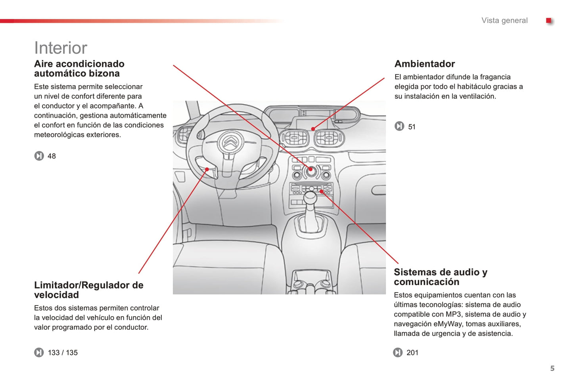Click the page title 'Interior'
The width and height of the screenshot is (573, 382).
(61, 48)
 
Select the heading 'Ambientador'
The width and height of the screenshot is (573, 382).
(424, 64)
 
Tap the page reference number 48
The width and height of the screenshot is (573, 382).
(52, 156)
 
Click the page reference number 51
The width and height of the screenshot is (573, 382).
(412, 127)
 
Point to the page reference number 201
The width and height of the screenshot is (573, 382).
(412, 353)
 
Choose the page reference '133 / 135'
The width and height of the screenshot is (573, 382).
(63, 353)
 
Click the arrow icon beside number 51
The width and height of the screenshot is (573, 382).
(399, 126)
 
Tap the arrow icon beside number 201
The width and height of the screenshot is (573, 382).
(398, 352)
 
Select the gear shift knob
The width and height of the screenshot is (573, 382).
(310, 197)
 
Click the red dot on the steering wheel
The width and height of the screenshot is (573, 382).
(207, 170)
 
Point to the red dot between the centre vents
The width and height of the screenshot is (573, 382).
(313, 129)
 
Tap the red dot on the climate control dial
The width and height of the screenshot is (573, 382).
(310, 169)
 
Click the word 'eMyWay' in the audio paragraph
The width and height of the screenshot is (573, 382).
(447, 324)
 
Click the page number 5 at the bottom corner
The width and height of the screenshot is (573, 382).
(552, 369)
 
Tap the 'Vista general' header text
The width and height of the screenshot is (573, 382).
(504, 21)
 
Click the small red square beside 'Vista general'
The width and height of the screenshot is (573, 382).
(549, 21)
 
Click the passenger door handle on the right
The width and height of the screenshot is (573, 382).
(378, 191)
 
